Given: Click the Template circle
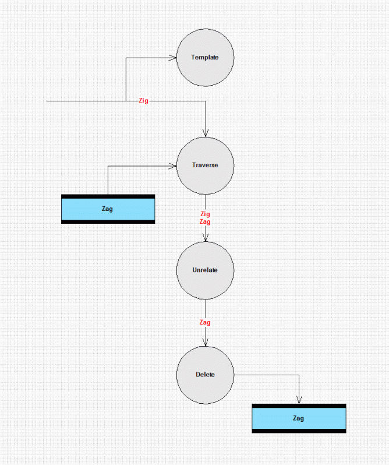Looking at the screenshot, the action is [206, 58].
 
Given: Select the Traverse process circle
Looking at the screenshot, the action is [206, 165].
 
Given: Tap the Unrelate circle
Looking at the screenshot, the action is [206, 270].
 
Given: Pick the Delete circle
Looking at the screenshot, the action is [206, 375].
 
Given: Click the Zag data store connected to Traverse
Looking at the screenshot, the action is [108, 209].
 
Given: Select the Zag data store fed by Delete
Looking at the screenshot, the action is [299, 418].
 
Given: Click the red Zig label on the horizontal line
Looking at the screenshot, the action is [144, 101].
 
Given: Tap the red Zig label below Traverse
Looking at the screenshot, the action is [205, 214].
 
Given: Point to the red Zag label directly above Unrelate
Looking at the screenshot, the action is [205, 221].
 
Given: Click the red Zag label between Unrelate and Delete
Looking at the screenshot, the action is [205, 322].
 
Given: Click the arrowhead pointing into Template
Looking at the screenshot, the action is [173, 58].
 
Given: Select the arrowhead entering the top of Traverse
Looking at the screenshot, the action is [206, 133].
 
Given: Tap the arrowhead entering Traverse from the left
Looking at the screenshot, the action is [173, 166].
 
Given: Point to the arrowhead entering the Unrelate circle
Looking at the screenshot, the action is [206, 238].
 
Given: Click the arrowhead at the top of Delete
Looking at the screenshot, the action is [206, 342].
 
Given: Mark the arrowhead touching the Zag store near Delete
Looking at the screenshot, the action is [299, 400].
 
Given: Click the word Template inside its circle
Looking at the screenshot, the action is [205, 57].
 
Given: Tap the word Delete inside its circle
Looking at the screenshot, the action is [205, 375].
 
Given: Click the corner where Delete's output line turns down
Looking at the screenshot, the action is [299, 375].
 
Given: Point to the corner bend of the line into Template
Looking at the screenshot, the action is [126, 58].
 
